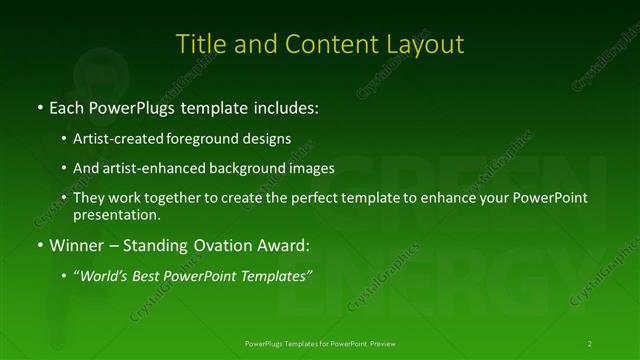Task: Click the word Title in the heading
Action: (199, 44)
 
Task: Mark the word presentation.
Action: (116, 214)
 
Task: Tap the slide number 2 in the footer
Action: (590, 343)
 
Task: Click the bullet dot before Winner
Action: (39, 244)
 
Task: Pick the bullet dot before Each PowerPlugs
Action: (39, 105)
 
